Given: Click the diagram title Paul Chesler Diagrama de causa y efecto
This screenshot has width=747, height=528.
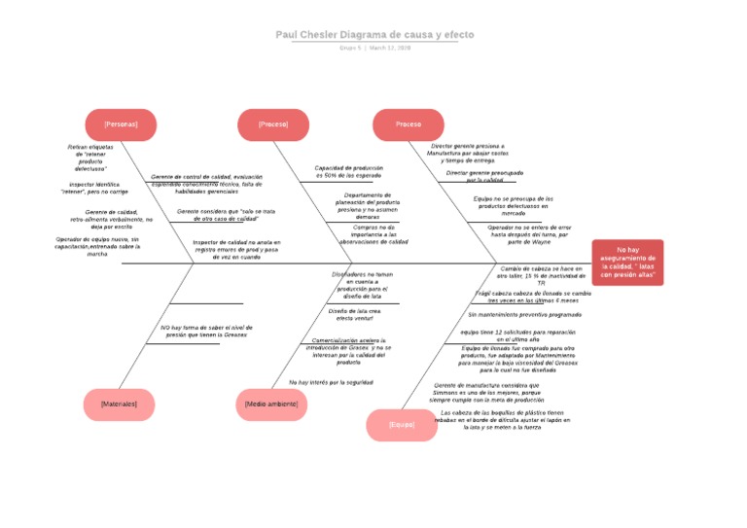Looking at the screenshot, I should coord(374,35).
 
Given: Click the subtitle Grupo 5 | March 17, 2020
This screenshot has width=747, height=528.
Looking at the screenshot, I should coord(374,48).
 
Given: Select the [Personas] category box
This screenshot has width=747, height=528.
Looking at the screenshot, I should coord(121,124).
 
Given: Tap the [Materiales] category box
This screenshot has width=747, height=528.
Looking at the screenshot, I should coord(119,404).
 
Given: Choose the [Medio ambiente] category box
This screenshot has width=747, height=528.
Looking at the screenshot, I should coord(271,404).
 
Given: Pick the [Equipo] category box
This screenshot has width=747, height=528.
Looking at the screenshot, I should coord(402,425).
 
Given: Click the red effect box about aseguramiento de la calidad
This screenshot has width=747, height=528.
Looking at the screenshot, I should coord(628,263).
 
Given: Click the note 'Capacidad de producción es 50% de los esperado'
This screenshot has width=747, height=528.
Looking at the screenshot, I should coord(348,171).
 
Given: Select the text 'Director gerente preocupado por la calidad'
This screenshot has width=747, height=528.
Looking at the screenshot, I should coord(484,176).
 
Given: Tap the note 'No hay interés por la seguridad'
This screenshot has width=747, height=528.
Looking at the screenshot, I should coord(331,382).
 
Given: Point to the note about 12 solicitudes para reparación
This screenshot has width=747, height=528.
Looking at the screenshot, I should coord(518,334).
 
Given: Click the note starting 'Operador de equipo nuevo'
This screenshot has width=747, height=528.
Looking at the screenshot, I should coord(97,246).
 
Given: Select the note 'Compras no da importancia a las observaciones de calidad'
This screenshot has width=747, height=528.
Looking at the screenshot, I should coord(367,233).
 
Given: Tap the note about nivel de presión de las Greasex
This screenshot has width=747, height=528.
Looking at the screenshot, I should coord(205,331).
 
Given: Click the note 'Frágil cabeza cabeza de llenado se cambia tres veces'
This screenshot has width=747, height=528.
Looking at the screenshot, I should coord(533,297).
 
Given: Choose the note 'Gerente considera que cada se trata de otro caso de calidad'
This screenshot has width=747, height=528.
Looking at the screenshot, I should coord(226,215).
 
